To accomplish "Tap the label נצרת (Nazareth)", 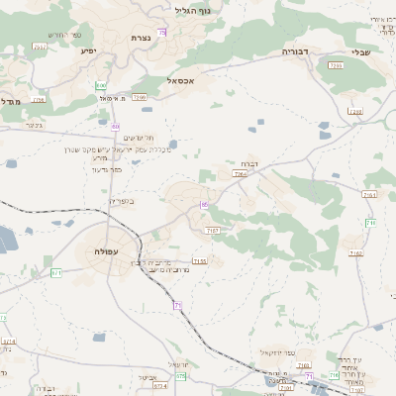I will [139, 38].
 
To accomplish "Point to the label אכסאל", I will [185, 80].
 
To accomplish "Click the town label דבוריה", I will [296, 49].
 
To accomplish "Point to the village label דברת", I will [248, 163].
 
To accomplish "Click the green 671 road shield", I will [55, 271].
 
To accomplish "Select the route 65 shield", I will [204, 204].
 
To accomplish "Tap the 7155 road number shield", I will [200, 261].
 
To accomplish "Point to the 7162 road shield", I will [357, 253].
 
